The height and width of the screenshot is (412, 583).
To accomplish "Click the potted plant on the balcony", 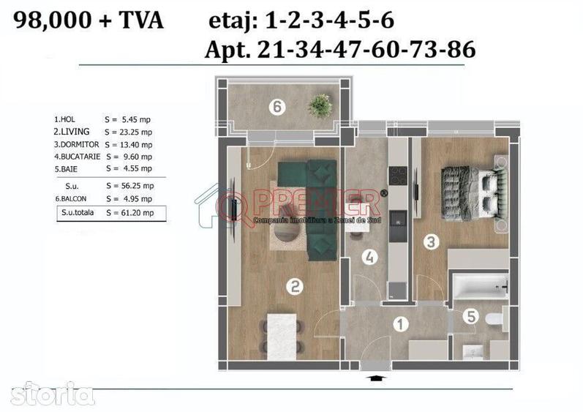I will point(320,105).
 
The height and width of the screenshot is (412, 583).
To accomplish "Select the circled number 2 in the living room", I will point(293,287).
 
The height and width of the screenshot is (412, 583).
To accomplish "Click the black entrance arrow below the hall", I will point(376,378).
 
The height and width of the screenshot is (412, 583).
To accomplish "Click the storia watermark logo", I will point(48,393).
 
